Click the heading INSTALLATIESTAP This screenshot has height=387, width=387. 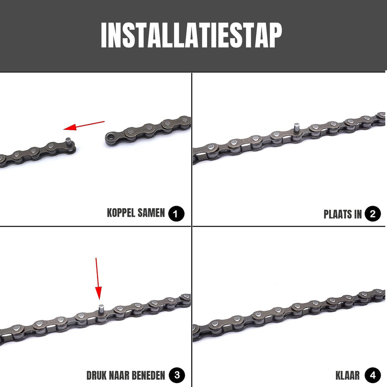pyautogui.click(x=191, y=36)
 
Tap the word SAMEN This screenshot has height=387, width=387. pyautogui.click(x=152, y=213)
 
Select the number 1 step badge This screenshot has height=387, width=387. pyautogui.click(x=176, y=214)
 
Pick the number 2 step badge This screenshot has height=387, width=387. pyautogui.click(x=373, y=214)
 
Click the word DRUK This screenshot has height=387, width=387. pyautogui.click(x=98, y=375)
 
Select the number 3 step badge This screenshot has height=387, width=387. pyautogui.click(x=177, y=375)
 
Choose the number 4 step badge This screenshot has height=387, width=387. pyautogui.click(x=373, y=375)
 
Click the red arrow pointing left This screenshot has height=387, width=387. pyautogui.click(x=84, y=125)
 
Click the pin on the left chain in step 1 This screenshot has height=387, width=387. pyautogui.click(x=68, y=141)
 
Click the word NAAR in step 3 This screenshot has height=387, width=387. pyautogui.click(x=118, y=375)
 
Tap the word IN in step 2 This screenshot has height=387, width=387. pyautogui.click(x=357, y=214)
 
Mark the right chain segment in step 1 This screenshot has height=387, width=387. pyautogui.click(x=149, y=130)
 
